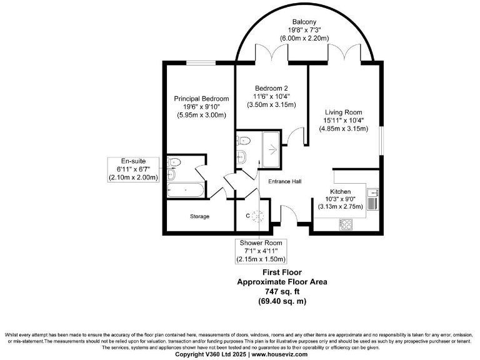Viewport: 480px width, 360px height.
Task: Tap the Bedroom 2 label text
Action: pyautogui.click(x=271, y=87)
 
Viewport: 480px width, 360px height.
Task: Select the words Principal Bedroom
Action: pyautogui.click(x=201, y=99)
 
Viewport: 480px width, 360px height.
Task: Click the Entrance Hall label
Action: pyautogui.click(x=285, y=181)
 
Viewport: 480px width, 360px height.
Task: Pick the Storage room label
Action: pyautogui.click(x=200, y=216)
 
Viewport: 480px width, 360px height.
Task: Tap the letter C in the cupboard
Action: pyautogui.click(x=248, y=216)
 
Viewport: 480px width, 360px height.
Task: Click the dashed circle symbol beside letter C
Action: pyautogui.click(x=258, y=216)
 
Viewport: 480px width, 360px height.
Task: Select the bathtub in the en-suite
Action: pyautogui.click(x=186, y=189)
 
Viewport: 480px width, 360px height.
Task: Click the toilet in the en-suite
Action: pyautogui.click(x=175, y=164)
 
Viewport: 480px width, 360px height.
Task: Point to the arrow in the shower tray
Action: pyautogui.click(x=272, y=149)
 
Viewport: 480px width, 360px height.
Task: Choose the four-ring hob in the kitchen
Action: pyautogui.click(x=346, y=222)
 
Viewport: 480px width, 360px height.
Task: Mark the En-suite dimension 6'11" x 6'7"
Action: pyautogui.click(x=132, y=169)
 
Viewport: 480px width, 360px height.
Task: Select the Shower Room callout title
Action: pyautogui.click(x=261, y=243)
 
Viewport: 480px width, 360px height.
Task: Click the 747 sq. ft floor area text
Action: pyautogui.click(x=281, y=291)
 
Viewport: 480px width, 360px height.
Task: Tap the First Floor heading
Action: pyautogui.click(x=281, y=272)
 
